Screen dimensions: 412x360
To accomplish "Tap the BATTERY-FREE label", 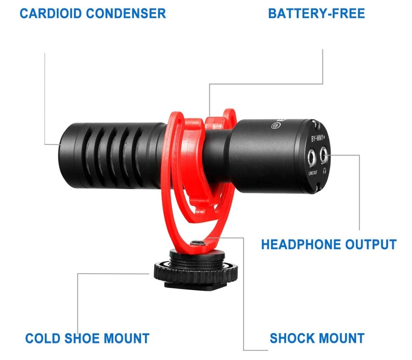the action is [316, 13].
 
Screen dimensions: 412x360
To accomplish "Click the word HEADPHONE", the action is [299, 244].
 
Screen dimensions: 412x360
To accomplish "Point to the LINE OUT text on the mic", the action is [313, 173].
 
